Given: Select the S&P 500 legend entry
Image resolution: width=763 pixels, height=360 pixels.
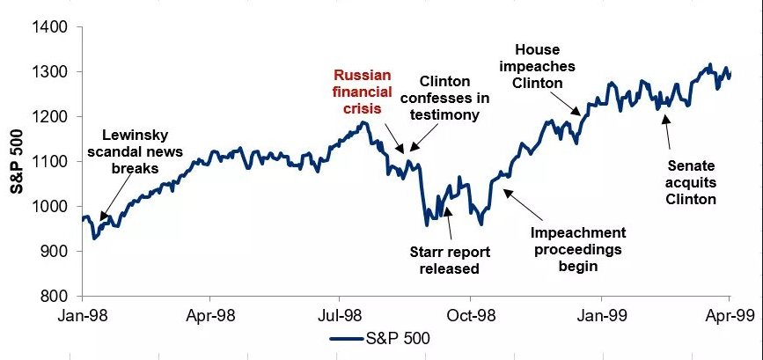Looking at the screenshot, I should coord(379,338).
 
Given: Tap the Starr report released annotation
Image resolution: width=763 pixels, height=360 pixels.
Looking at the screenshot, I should coord(450,261).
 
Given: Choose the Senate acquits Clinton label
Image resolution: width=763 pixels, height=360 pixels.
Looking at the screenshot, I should coord(692,182).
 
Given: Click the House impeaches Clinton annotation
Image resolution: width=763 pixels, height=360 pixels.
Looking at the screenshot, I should coord(537,66).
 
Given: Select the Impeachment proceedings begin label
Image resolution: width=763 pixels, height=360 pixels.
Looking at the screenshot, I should coord(578,249).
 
